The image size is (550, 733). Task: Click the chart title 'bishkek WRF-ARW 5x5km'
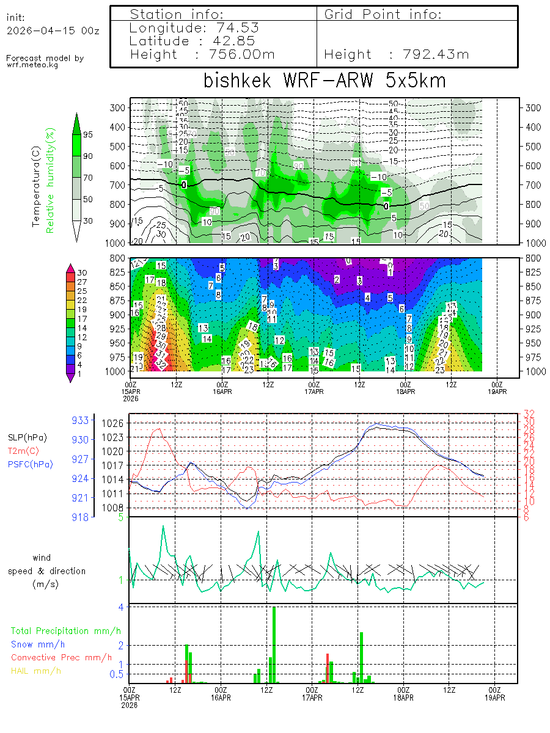click(324, 80)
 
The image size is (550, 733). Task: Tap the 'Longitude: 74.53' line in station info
click(194, 28)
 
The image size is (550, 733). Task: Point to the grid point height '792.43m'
click(436, 54)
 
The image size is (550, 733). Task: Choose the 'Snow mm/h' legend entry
click(38, 644)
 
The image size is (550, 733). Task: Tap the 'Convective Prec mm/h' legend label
click(61, 657)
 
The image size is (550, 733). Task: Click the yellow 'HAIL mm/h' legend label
click(36, 671)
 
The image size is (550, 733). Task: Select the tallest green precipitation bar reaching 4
click(274, 644)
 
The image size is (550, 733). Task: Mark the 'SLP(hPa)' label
click(28, 437)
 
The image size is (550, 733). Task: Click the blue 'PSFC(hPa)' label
click(31, 464)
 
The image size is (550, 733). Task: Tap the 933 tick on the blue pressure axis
click(81, 420)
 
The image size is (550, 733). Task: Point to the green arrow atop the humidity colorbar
click(76, 123)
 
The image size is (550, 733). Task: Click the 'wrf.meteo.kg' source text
click(33, 65)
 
